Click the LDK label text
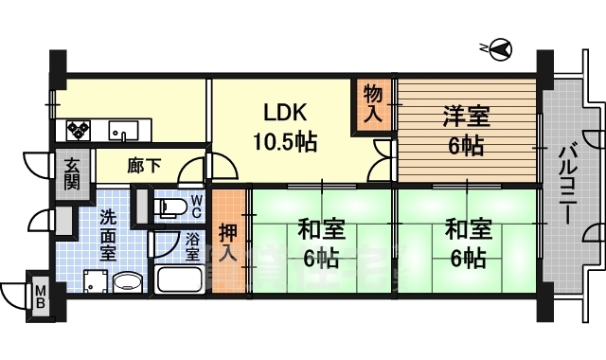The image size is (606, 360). pos(284,113)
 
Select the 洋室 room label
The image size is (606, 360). pos(466,118)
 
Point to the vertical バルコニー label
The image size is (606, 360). pos(567,183)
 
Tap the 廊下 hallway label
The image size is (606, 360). pos(144,165)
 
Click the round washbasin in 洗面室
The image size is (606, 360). pos(126,282)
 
